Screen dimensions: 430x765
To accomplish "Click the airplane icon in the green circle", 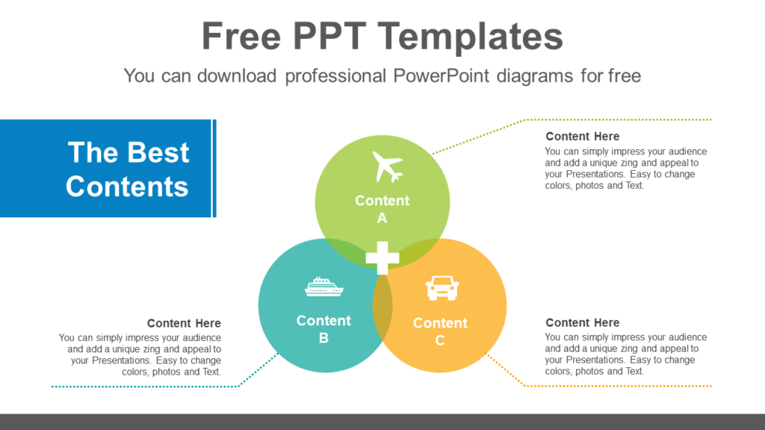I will [x=387, y=166].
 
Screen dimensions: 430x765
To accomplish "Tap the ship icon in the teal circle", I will [x=323, y=287].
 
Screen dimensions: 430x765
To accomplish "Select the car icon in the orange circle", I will [x=442, y=287].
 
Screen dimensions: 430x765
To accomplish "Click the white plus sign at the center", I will [x=382, y=258].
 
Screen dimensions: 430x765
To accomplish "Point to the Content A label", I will [x=382, y=209].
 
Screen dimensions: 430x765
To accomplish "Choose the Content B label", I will [x=323, y=329].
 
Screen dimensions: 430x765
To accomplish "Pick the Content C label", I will [x=440, y=331].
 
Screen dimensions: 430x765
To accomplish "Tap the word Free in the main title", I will [x=241, y=37].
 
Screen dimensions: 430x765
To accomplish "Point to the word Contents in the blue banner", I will [x=127, y=186].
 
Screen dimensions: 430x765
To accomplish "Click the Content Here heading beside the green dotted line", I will [x=582, y=137].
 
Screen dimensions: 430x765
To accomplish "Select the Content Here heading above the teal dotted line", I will [x=184, y=323].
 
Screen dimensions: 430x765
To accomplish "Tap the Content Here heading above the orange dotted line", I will [x=582, y=322].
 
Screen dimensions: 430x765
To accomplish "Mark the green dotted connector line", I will [x=620, y=119].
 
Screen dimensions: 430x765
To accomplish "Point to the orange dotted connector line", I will [x=620, y=386].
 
